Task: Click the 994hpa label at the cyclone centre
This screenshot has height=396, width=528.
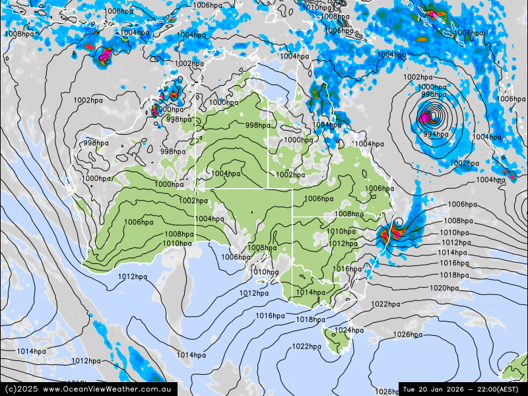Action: tap(436, 134)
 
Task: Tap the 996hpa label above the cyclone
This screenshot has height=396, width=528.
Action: tap(434, 94)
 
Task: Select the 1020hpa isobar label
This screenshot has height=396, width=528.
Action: tap(444, 288)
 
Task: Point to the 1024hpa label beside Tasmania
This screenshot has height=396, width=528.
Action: tap(348, 330)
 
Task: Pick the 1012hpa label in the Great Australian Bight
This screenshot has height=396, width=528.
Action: tap(133, 277)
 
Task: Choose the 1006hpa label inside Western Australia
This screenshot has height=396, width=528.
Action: tap(139, 222)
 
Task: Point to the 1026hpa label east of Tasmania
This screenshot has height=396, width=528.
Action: tap(407, 335)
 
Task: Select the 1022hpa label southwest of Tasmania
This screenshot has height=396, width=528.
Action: tap(306, 346)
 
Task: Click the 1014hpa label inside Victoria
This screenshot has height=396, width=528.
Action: tap(310, 292)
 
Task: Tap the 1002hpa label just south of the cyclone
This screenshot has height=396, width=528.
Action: tap(464, 163)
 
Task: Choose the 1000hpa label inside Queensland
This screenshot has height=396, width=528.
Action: tap(298, 140)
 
